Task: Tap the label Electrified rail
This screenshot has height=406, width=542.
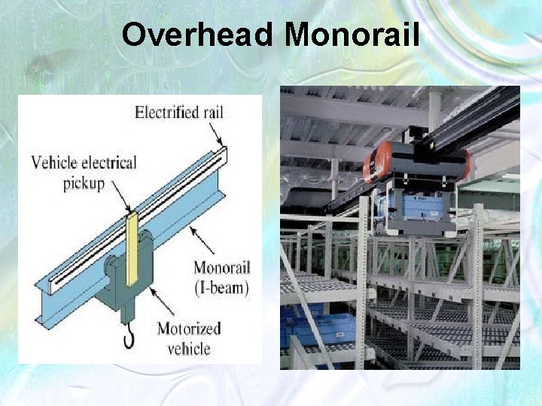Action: [x=179, y=113]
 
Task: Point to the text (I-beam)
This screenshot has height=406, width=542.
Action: [x=221, y=286]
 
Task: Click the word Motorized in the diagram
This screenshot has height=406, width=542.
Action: [x=188, y=328]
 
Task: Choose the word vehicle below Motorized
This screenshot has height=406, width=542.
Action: [x=190, y=348]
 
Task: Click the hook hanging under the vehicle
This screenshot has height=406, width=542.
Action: [x=129, y=338]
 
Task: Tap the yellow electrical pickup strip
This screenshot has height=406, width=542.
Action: [x=132, y=248]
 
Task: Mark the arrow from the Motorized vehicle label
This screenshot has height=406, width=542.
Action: [x=163, y=300]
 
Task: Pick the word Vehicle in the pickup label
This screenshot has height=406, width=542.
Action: [x=52, y=162]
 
